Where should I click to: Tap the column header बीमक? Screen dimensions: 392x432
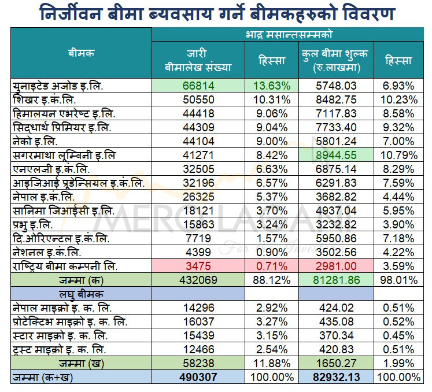[x=80, y=53]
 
